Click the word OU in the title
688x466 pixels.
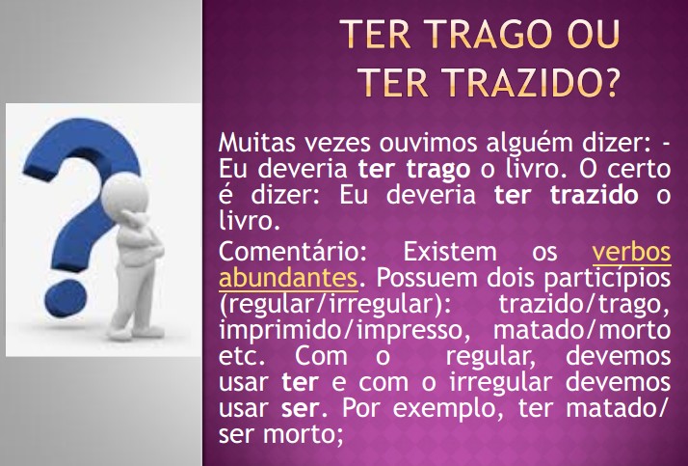click(594, 34)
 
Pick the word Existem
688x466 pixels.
click(450, 252)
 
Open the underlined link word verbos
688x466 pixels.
click(631, 252)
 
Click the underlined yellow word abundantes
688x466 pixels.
click(288, 278)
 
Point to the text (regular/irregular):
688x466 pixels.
click(334, 305)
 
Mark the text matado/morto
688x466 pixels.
click(582, 330)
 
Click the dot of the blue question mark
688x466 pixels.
click(66, 298)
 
